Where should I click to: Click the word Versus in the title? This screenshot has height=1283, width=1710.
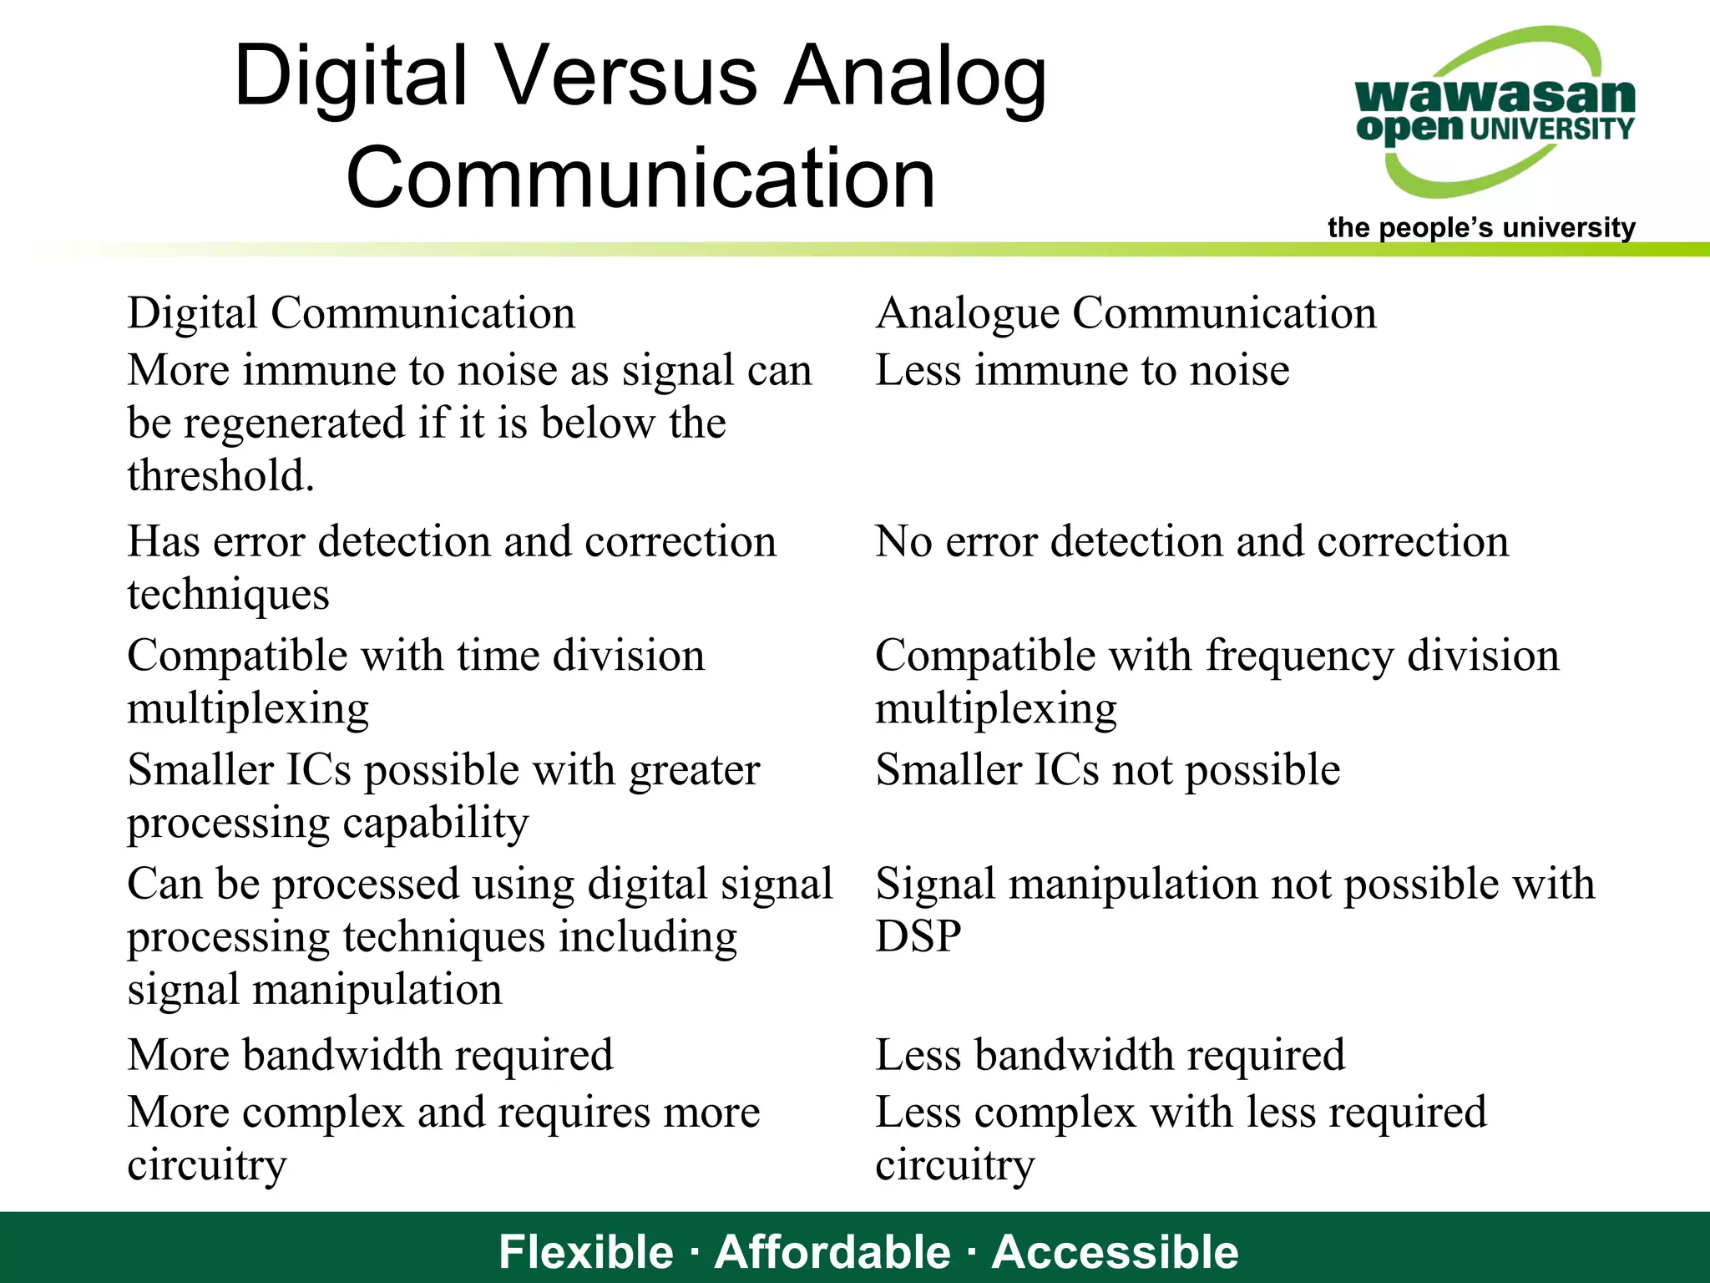(x=627, y=77)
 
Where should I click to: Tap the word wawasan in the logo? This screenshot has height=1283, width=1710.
(x=1495, y=95)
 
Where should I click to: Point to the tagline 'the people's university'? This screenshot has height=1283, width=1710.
(x=1480, y=227)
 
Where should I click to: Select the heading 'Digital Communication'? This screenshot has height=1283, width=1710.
(x=351, y=313)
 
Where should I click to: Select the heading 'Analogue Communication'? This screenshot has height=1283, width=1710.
(x=1126, y=313)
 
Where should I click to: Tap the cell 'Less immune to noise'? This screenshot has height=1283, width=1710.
(x=1081, y=370)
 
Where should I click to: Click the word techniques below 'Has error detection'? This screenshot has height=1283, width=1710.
(x=228, y=594)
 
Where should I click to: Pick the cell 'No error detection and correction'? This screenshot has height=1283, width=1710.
(x=1191, y=541)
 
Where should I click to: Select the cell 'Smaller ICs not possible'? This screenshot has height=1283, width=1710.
(x=1107, y=769)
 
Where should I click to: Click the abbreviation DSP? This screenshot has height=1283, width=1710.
(x=918, y=936)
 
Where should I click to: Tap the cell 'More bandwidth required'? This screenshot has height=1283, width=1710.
(x=370, y=1054)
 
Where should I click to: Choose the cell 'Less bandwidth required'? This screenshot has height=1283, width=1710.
(x=1110, y=1054)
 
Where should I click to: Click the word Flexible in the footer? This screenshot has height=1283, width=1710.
(x=585, y=1251)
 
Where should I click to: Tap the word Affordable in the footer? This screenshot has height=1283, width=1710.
(x=832, y=1251)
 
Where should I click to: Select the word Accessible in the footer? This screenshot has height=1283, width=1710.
(x=1115, y=1251)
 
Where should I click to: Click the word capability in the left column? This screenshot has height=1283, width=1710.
(x=435, y=823)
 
